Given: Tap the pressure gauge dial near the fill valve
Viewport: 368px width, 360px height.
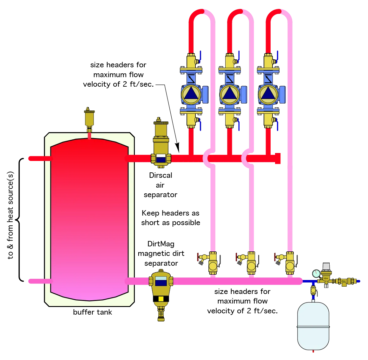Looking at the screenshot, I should (x=316, y=273).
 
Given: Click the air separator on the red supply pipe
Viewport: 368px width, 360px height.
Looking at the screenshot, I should (x=161, y=144).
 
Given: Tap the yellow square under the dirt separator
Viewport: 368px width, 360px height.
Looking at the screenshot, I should (x=161, y=299).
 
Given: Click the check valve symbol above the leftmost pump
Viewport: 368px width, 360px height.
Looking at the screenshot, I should (x=191, y=78).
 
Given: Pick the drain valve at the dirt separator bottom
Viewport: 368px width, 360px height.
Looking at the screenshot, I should (x=161, y=315).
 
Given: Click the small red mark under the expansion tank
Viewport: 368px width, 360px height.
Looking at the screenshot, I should (x=313, y=351).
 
